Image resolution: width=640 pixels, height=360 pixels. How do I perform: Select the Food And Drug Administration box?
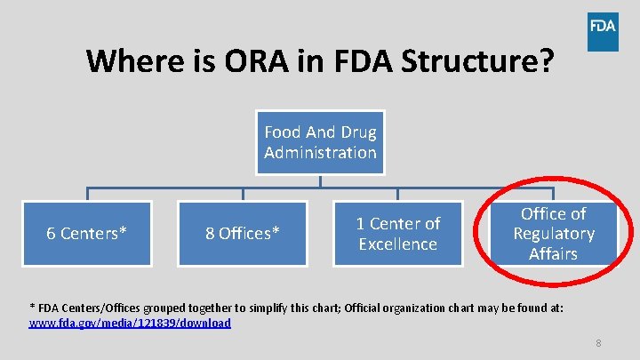(x=320, y=142)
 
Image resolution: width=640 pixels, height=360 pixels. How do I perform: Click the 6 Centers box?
(x=86, y=233)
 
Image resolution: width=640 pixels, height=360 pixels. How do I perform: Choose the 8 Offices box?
(x=243, y=233)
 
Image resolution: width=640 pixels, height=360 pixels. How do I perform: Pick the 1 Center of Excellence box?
(x=397, y=234)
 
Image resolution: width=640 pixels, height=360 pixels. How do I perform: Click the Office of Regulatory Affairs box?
(x=554, y=234)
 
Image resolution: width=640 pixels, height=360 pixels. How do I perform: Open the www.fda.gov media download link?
(x=130, y=323)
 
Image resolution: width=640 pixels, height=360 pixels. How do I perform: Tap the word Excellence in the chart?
(x=397, y=244)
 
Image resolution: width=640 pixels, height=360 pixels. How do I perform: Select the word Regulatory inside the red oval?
(x=554, y=234)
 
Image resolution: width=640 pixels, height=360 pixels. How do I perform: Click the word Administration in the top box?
(x=320, y=152)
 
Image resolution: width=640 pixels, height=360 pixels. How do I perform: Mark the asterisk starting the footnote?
(x=32, y=306)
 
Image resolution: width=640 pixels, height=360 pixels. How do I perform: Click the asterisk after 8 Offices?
(x=276, y=231)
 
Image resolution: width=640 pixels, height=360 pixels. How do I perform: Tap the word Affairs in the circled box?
(x=554, y=253)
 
